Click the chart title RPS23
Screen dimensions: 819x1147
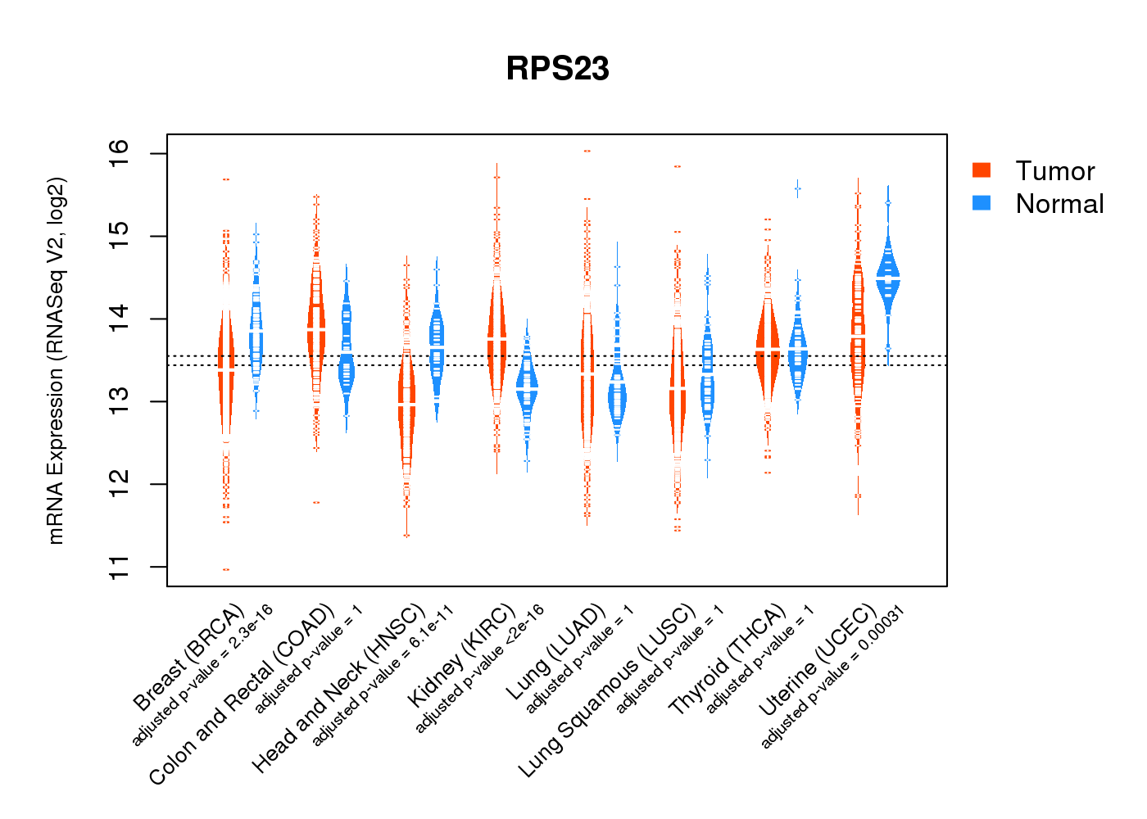tap(557, 69)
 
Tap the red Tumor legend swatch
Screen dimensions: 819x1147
tap(982, 170)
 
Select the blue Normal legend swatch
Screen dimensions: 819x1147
tap(982, 202)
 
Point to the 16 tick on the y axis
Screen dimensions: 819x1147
tap(119, 148)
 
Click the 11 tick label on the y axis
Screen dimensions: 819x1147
tap(119, 566)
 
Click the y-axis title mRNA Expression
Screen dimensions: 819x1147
tap(56, 360)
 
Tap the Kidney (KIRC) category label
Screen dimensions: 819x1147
tap(462, 655)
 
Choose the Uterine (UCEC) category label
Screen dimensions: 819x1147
tap(818, 660)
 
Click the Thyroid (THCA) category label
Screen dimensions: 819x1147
tap(728, 661)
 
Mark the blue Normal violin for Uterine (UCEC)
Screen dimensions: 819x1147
tap(888, 278)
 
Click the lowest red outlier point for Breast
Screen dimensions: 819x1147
tap(226, 569)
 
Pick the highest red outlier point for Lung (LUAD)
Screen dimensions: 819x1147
tap(587, 152)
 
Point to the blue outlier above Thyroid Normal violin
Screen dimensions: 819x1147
tap(797, 189)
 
